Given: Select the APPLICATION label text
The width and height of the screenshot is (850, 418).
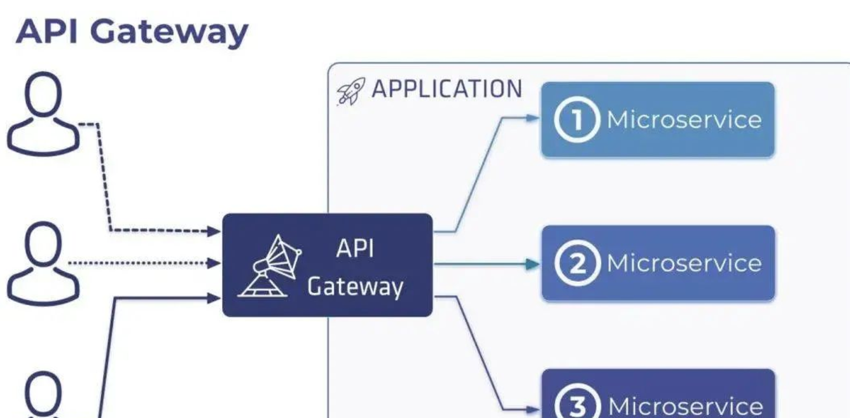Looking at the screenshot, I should point(446,89).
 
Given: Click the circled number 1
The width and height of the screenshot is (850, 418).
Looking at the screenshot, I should point(577,120).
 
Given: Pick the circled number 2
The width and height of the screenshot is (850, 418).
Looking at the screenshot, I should point(577,263).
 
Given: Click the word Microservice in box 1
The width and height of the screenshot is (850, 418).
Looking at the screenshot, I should point(684,120).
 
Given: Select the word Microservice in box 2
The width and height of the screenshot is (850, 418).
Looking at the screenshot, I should point(684,263).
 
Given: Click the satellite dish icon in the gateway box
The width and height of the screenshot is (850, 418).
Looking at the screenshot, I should point(269,265).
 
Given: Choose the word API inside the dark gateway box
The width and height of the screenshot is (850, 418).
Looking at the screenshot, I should point(355,249).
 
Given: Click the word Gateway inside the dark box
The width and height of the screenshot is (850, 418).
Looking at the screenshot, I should point(355,287).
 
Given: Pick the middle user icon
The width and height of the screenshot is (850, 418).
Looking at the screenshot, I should point(43,264).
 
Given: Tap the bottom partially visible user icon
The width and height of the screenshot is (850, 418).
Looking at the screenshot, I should point(43,395).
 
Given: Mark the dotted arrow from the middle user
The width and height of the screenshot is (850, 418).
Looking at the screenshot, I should point(144,263).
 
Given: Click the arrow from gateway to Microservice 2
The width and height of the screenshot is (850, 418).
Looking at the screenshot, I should point(487,264).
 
